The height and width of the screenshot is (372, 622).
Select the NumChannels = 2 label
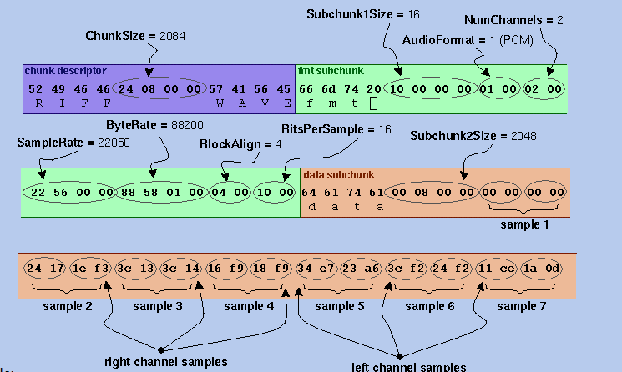pos(513,19)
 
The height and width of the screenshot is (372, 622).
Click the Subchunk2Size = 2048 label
pos(473,136)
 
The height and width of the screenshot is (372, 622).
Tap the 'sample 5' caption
pos(339,306)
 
